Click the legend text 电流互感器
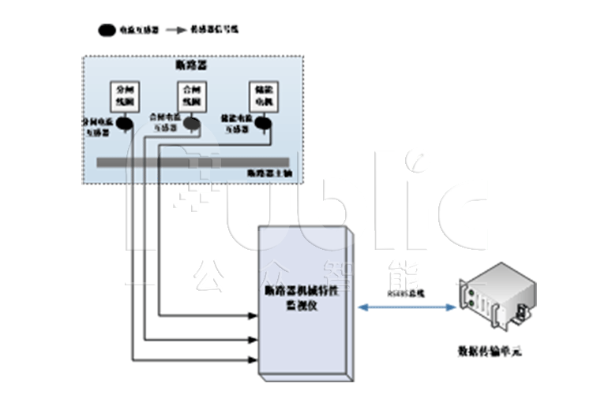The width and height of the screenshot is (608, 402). coord(135,30)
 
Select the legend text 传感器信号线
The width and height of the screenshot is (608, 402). coord(215,30)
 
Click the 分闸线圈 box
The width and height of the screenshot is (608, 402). coord(125,98)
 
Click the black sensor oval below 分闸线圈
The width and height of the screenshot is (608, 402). coord(123,123)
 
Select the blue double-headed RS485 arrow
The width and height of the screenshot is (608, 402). coord(406,307)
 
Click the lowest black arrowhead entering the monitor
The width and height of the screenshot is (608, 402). coord(254,360)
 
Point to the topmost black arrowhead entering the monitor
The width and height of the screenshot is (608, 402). coord(254,318)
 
